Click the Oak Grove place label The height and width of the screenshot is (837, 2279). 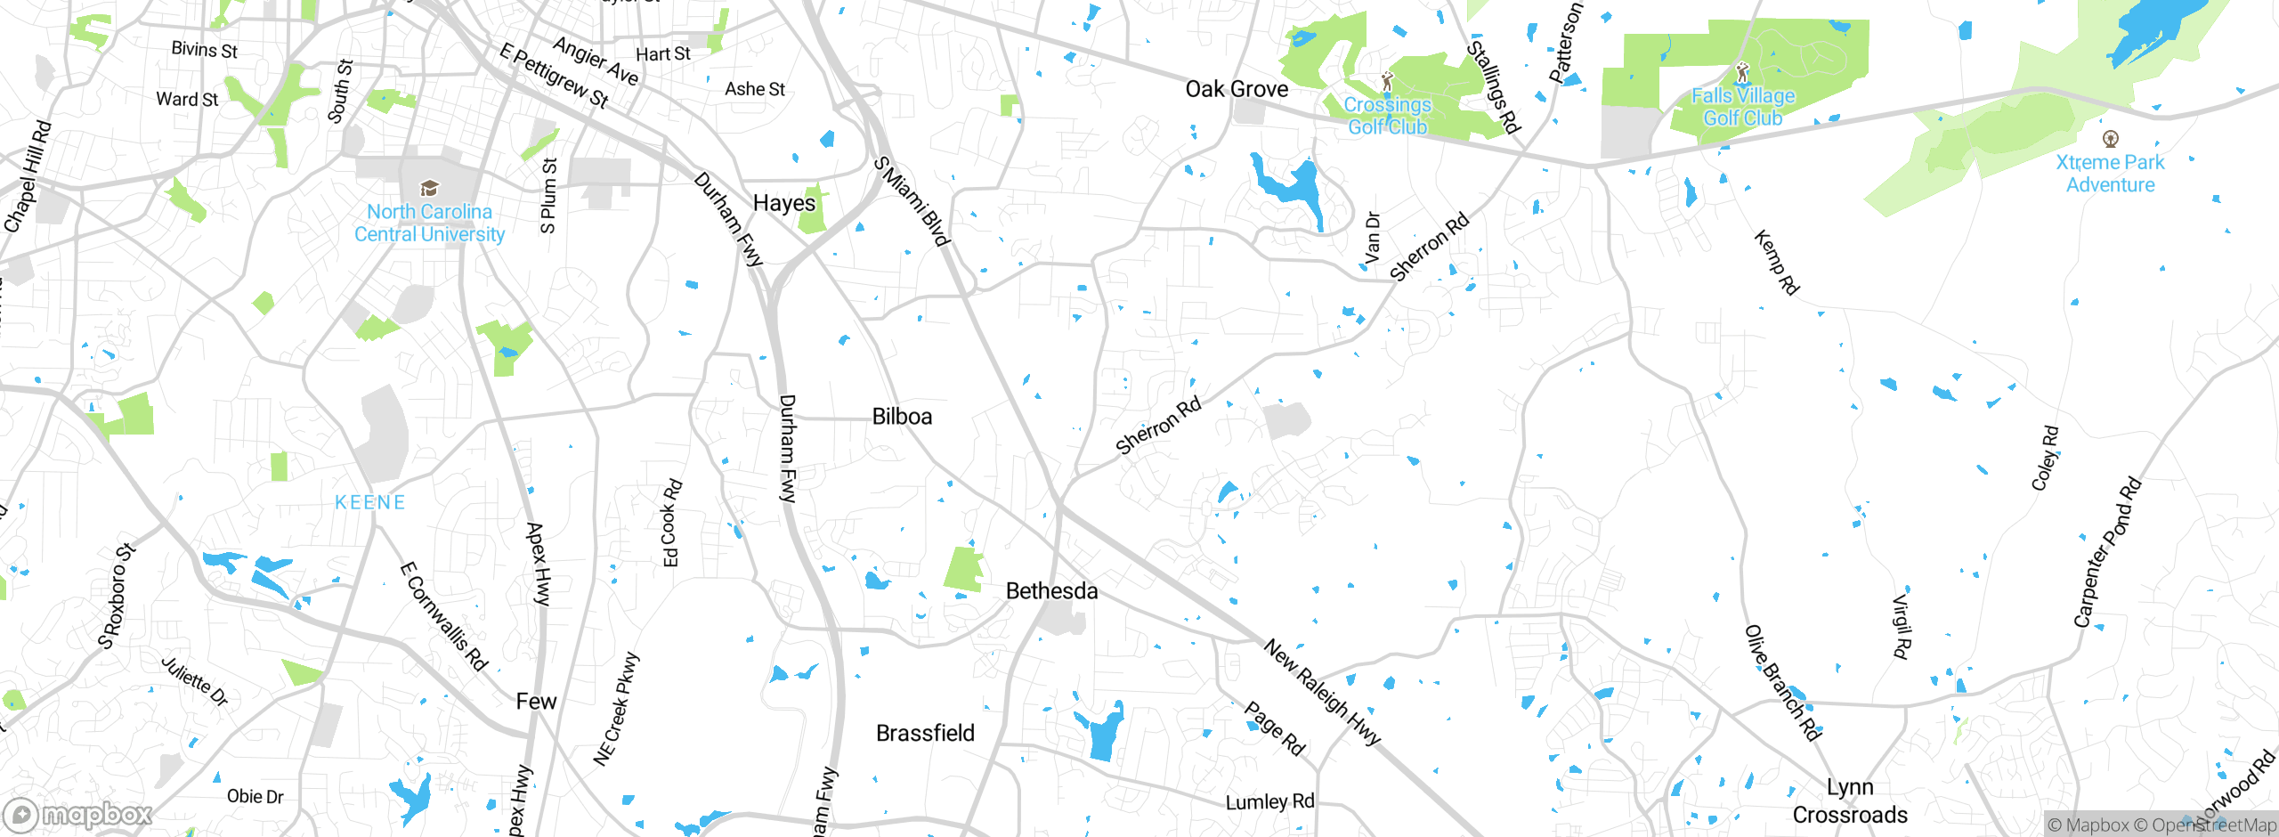(1237, 89)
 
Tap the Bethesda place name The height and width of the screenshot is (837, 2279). (1051, 591)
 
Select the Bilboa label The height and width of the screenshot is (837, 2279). (902, 417)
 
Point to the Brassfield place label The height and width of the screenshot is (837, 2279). (925, 733)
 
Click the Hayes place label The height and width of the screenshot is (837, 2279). (783, 203)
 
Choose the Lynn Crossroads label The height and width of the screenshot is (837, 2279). (1850, 801)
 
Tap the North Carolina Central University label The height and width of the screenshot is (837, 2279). (429, 223)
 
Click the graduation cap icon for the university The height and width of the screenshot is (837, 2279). (429, 188)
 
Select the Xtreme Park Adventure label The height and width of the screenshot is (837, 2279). (2110, 174)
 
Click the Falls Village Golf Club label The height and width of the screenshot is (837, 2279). (1742, 107)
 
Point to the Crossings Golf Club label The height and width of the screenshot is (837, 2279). (1387, 116)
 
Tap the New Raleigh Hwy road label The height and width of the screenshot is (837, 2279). (1322, 692)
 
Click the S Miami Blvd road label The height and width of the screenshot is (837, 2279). (912, 201)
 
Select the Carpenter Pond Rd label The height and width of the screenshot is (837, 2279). (2106, 553)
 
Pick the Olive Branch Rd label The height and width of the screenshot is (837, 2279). (1782, 683)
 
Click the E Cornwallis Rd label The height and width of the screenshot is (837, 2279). (443, 616)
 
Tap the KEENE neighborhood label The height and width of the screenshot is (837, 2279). (370, 502)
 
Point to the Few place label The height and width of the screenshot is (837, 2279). (536, 702)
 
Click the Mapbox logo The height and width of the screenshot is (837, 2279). (78, 815)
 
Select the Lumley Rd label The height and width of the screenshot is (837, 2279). (1269, 802)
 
